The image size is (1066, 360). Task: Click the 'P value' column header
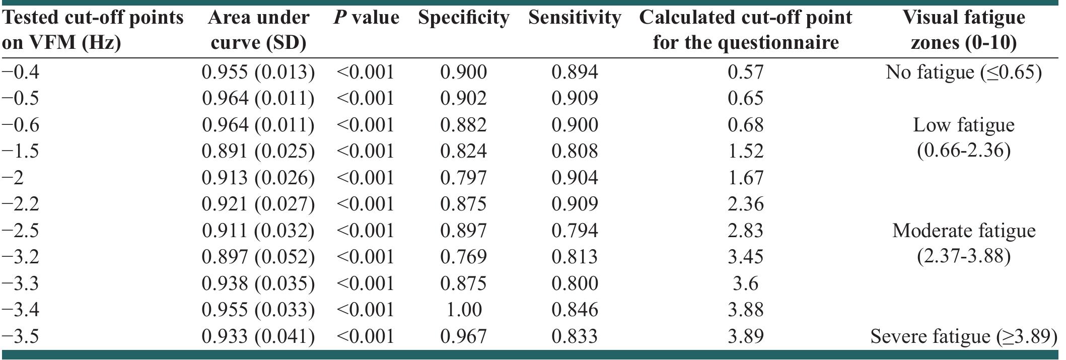pos(366,18)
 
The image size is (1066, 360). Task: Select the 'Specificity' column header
pos(463,18)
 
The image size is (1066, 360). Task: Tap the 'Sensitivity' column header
pos(575,18)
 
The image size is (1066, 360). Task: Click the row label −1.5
pos(21,151)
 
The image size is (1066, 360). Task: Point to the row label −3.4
pos(21,310)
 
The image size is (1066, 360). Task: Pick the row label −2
pos(13,178)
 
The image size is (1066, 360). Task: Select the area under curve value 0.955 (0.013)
pos(258,72)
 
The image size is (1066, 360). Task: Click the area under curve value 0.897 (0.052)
pos(258,257)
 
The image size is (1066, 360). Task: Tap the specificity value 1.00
pos(463,310)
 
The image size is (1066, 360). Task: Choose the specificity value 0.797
pos(463,178)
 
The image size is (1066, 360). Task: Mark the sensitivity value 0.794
pos(575,231)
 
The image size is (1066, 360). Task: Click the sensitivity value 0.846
pos(575,310)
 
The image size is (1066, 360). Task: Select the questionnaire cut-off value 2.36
pos(745,204)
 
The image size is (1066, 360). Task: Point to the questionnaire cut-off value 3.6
pos(745,283)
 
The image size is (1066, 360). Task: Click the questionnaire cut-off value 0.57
pos(745,72)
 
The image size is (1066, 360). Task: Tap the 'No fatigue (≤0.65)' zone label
pos(963,72)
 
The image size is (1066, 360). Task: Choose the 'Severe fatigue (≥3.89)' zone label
pos(963,336)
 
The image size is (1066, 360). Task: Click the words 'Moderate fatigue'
pos(963,231)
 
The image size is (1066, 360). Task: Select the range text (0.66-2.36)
pos(963,151)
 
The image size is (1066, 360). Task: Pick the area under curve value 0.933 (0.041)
pos(258,336)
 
